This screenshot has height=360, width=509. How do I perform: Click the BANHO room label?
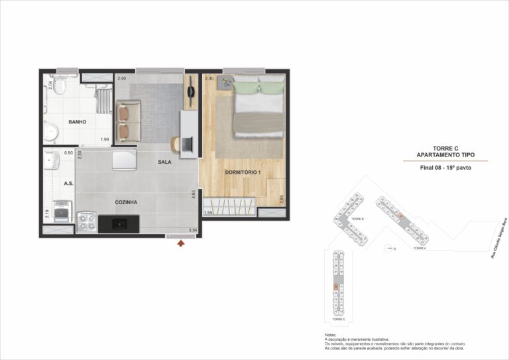point(79,122)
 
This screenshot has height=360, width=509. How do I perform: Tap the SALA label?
point(165,162)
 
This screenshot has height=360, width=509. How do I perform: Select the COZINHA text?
point(125,202)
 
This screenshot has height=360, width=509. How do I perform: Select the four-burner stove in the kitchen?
point(86,221)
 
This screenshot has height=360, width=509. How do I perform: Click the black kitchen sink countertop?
point(119,224)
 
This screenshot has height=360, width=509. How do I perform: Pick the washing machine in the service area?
point(62,210)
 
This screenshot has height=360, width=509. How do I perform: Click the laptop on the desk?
point(188,142)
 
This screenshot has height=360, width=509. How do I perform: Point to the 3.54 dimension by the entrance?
point(193,230)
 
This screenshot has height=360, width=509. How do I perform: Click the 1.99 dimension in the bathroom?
point(104,139)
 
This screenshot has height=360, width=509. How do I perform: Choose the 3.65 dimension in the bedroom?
point(282,198)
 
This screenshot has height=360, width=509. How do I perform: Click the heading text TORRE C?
point(445,148)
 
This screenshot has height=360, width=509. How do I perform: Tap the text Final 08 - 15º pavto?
point(445,168)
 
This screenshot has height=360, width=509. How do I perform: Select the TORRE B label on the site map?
point(357,218)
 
